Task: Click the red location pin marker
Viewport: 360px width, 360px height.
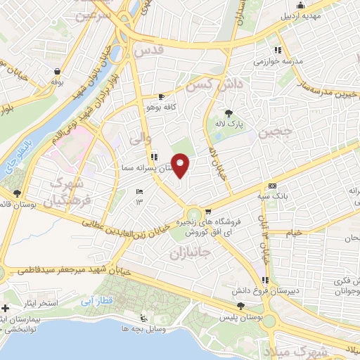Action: click(181, 166)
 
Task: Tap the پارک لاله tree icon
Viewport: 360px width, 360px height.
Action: click(228, 112)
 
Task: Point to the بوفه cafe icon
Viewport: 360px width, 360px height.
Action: click(56, 70)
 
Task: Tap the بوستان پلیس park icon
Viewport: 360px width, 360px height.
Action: click(241, 306)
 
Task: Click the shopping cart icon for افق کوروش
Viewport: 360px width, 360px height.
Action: click(208, 212)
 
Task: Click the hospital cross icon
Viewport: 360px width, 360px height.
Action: click(6, 308)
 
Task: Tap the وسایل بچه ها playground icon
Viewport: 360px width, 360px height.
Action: click(144, 317)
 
